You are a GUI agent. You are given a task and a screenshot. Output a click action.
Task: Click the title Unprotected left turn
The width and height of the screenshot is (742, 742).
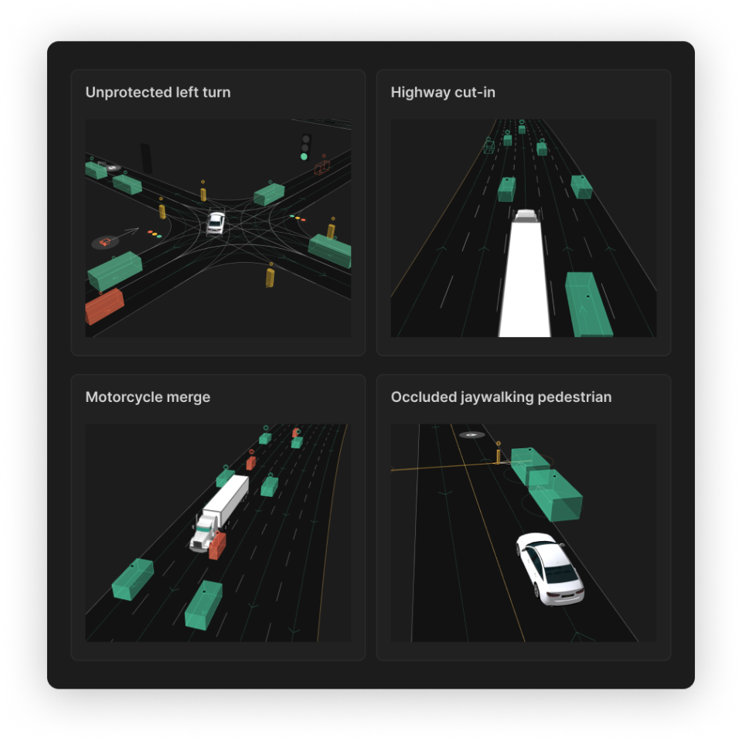pos(158,92)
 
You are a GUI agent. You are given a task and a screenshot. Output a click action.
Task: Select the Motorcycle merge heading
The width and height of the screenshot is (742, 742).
pos(148,397)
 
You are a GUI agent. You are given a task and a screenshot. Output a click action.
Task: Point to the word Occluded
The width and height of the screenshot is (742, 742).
pos(424,397)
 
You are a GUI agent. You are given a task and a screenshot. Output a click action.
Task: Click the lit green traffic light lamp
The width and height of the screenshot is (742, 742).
pos(304,157)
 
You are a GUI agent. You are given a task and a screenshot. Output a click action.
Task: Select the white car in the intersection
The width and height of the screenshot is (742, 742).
pos(216,223)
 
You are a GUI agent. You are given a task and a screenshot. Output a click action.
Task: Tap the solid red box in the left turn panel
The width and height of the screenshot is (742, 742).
pos(104,307)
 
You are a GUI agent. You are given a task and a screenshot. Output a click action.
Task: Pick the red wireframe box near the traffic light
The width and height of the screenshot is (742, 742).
pos(322,167)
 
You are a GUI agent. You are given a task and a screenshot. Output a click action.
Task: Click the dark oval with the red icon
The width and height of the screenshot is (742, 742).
pos(105,242)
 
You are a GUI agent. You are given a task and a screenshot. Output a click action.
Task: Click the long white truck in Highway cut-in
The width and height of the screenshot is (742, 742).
pos(526,274)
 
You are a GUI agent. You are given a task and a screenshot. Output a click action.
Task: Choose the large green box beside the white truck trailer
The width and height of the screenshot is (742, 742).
pos(588,305)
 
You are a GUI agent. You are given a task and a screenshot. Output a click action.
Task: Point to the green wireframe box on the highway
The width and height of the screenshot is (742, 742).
pos(488,147)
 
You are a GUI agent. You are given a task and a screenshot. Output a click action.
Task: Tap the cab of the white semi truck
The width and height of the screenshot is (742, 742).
pos(204,534)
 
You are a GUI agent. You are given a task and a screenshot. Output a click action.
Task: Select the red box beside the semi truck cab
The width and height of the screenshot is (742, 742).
pos(217,546)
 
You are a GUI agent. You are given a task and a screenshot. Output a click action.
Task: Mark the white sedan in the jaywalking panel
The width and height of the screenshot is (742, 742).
pos(550,569)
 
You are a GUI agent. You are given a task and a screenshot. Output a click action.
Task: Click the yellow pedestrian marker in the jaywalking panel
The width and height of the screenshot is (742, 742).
pos(498,456)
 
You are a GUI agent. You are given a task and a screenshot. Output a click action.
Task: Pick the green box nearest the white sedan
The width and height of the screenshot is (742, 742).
pos(555,495)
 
